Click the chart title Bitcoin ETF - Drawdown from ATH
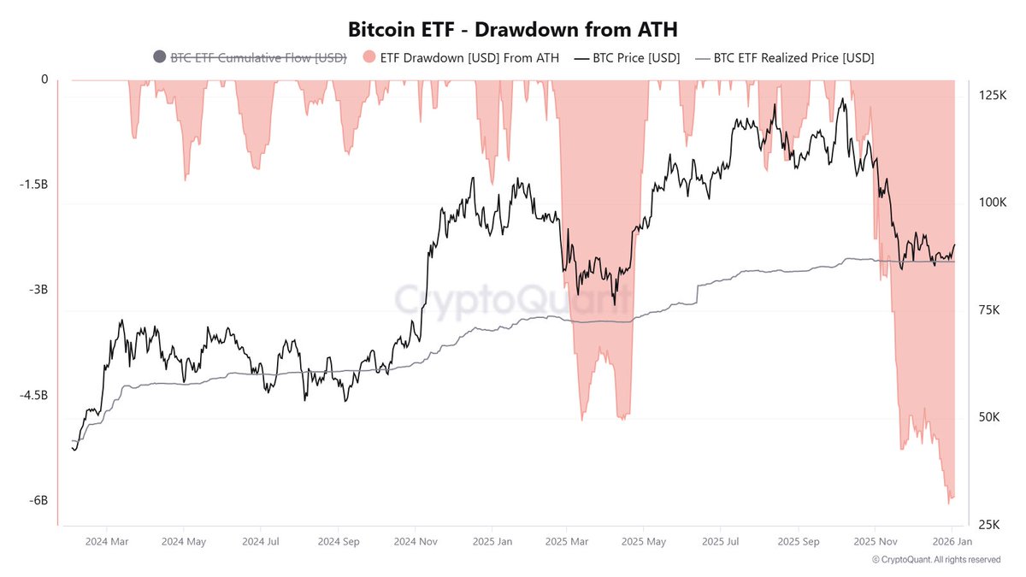coord(512,28)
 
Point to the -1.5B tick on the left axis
coord(32,185)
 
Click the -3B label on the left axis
coord(37,290)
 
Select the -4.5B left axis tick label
coord(32,395)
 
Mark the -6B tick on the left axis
coord(37,501)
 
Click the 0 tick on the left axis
coord(44,79)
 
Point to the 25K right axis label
coord(989,524)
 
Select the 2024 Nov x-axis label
coord(416,541)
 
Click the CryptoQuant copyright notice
coord(936,560)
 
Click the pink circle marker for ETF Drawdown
coord(369,57)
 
